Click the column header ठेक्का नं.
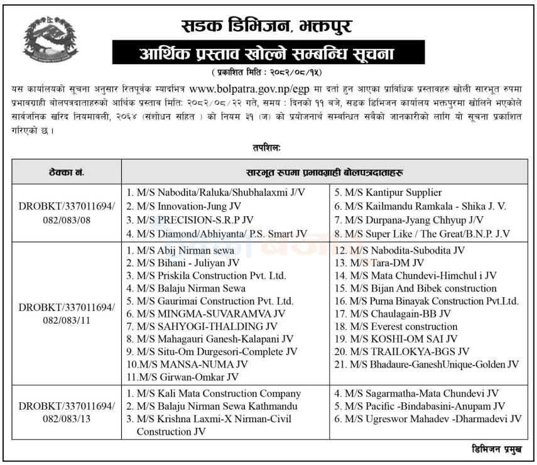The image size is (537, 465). (67, 170)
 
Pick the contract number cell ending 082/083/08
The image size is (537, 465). (67, 212)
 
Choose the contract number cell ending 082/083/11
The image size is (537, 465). (67, 314)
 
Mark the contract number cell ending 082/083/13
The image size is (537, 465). (67, 412)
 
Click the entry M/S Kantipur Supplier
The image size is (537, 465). (388, 192)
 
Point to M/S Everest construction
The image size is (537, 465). (395, 326)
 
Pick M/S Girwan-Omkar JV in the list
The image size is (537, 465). (182, 377)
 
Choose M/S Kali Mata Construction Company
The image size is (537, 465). (214, 393)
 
